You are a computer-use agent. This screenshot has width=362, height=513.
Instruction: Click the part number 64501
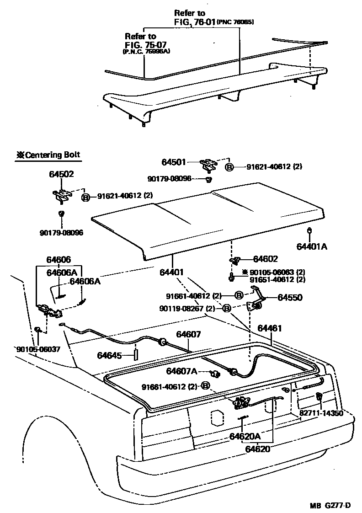coord(173,162)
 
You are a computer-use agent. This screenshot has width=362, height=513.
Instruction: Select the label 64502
coord(62,174)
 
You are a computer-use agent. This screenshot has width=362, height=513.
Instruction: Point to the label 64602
coord(266,259)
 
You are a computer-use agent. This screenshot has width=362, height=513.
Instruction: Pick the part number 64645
coord(109,355)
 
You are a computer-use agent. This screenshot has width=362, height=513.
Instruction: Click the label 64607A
coord(181,371)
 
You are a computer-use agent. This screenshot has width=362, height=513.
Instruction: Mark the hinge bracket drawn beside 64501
coord(210,163)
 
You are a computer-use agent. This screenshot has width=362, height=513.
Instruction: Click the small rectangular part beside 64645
coord(135,355)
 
